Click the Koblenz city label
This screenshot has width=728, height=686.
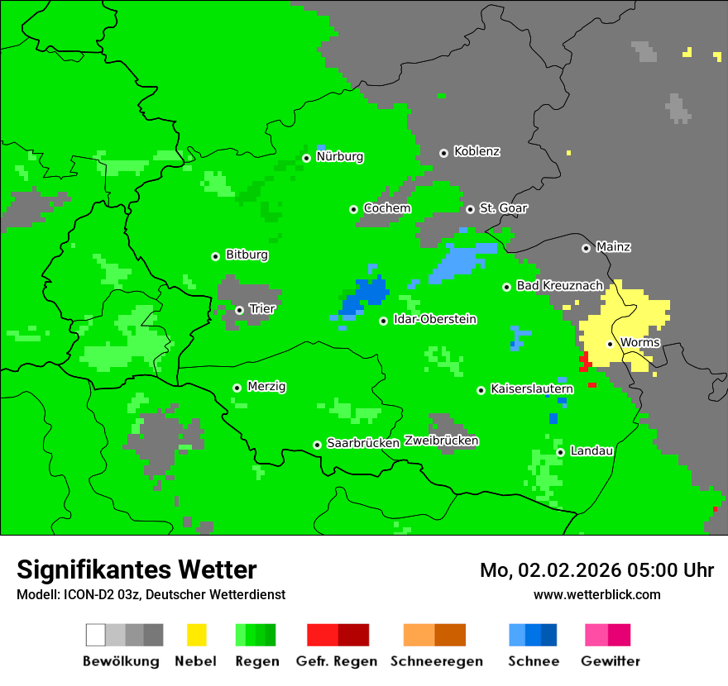coord(477,152)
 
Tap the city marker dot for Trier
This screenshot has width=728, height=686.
coord(239,310)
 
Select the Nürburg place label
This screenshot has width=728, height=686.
coord(339,157)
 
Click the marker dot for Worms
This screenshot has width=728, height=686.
coord(610,344)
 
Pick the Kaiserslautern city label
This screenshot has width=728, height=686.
coord(532,389)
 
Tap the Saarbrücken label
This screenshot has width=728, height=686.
coord(363,444)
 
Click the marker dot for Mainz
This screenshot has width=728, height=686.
coord(586,248)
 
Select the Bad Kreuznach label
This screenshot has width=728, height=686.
coord(559,286)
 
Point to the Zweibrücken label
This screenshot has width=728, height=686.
coord(441,441)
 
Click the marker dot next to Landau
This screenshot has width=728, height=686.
coord(560,452)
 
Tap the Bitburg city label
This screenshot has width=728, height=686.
coord(247,255)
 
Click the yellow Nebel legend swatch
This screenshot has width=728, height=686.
coord(196,635)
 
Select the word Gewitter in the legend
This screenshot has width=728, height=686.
coord(610,661)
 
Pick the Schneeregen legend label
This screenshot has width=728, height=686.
coord(437,661)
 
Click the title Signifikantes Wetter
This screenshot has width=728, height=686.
coord(136,570)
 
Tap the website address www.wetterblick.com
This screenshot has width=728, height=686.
coord(596,595)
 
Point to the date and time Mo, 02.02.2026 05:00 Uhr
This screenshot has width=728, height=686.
coord(596,570)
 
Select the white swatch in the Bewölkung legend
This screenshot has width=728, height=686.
coord(95,635)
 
